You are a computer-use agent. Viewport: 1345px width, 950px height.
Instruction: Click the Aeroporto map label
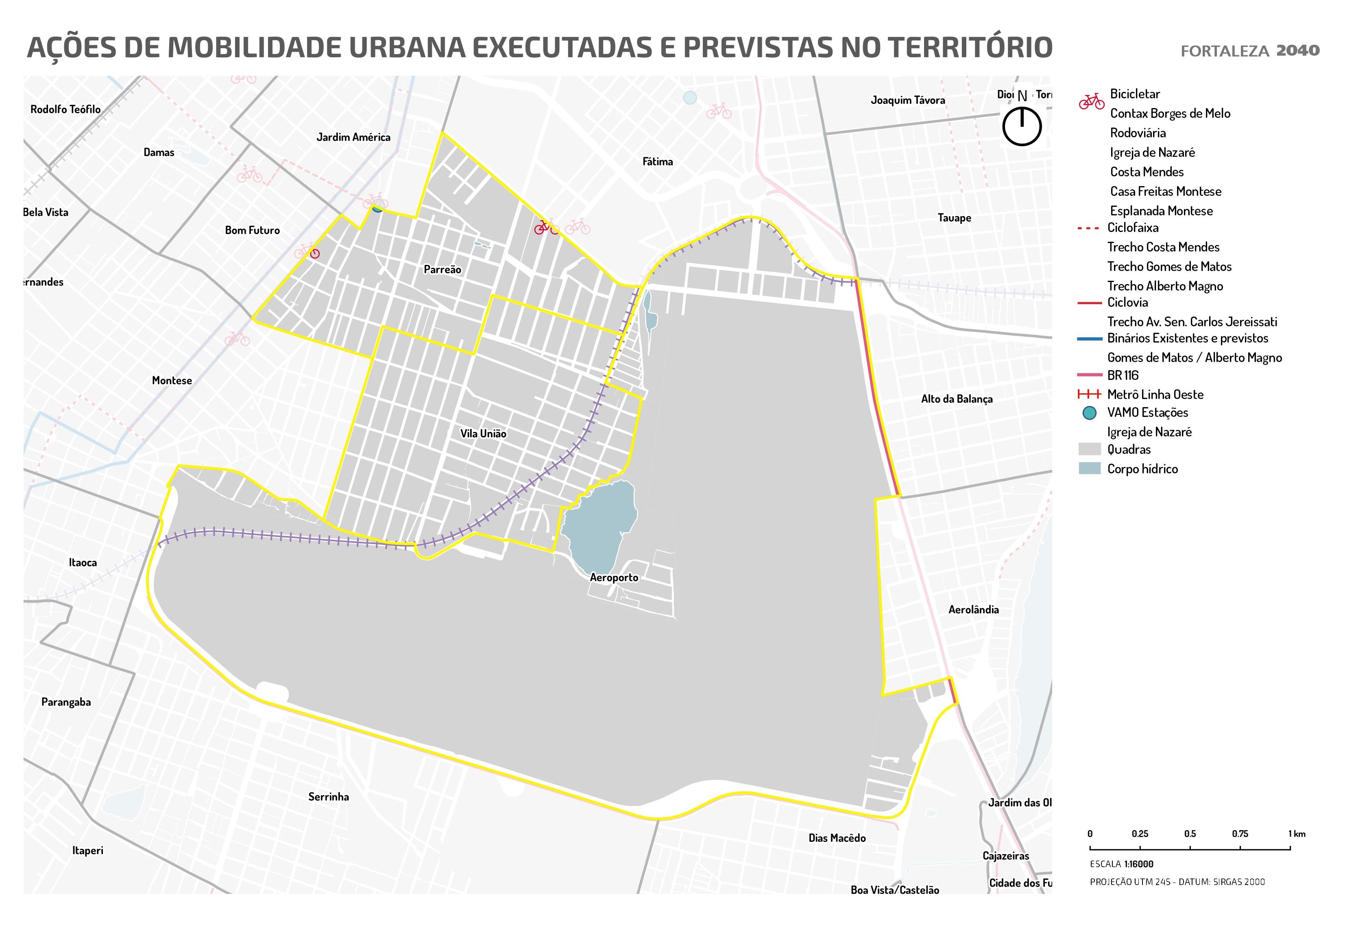[x=614, y=578]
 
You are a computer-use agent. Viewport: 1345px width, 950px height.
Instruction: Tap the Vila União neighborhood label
[x=483, y=434]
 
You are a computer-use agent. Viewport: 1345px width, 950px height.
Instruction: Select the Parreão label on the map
[x=442, y=270]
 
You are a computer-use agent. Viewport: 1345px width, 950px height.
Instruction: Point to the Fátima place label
[x=657, y=162]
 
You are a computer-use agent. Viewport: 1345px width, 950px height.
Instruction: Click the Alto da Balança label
[x=957, y=399]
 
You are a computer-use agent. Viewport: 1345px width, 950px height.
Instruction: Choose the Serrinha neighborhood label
[x=328, y=797]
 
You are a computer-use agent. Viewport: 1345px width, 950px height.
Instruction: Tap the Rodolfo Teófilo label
[x=65, y=109]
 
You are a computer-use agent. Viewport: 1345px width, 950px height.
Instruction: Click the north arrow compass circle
[x=1022, y=126]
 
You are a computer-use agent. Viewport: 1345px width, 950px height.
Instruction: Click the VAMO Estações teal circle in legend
[x=1090, y=413]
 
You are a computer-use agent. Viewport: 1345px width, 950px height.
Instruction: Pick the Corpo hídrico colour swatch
[x=1090, y=468]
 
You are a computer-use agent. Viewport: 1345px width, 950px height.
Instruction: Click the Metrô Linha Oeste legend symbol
[x=1090, y=395]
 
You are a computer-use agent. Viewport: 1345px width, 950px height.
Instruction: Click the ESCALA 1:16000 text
[x=1121, y=864]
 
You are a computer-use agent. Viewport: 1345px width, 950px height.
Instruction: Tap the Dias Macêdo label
[x=837, y=838]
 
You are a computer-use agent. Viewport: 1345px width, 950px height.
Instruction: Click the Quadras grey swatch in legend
[x=1090, y=449]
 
